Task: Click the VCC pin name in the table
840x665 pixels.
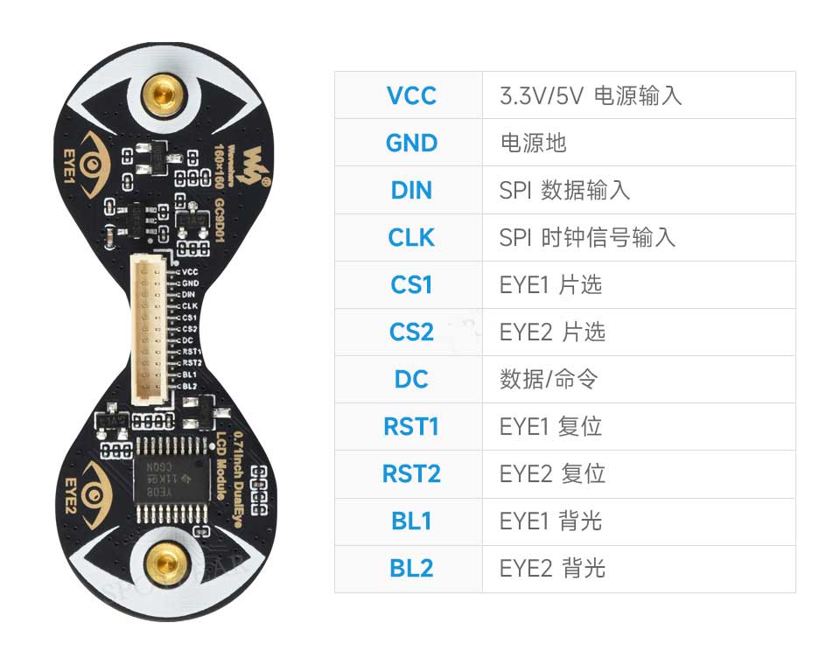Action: (x=410, y=95)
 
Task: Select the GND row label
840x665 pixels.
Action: (x=410, y=143)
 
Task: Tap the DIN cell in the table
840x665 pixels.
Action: (x=410, y=190)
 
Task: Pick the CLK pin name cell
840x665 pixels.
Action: (x=410, y=237)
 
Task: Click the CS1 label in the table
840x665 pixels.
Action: (x=410, y=284)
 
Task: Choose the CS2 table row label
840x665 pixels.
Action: (x=410, y=332)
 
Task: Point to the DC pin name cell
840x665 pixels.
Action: (x=410, y=379)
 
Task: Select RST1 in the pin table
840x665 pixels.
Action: (x=410, y=426)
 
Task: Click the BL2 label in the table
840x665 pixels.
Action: (x=410, y=568)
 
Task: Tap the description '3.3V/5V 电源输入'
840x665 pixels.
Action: (x=590, y=95)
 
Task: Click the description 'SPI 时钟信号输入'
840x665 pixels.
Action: (x=587, y=237)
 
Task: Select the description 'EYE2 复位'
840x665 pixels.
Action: (x=552, y=473)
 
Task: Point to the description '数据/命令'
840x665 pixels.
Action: (x=549, y=379)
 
